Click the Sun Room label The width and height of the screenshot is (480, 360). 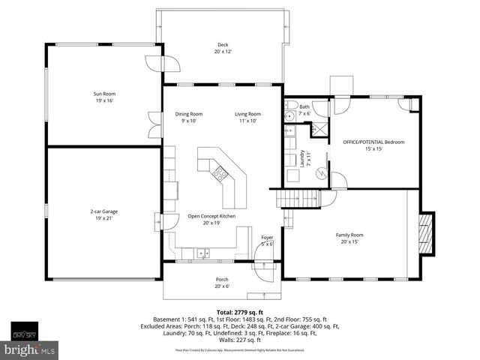click(x=104, y=97)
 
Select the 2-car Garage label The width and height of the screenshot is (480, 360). click(x=104, y=214)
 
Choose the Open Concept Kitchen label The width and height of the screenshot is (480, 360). click(x=211, y=219)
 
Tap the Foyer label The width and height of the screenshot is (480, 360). click(x=267, y=241)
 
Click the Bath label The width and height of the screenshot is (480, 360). click(x=304, y=109)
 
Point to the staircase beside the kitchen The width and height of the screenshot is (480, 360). click(x=298, y=198)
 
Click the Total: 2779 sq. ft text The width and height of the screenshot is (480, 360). click(x=239, y=311)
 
